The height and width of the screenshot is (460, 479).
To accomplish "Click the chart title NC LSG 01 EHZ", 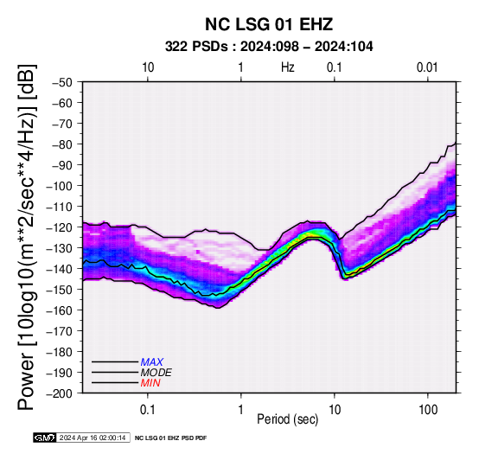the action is pos(269,24).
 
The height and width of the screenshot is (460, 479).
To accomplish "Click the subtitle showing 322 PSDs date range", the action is pos(269,47).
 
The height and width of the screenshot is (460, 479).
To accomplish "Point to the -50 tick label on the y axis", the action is pos(62,82).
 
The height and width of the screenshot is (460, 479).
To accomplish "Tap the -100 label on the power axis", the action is pos(60,186).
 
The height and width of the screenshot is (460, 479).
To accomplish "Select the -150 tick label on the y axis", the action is pos(60,290).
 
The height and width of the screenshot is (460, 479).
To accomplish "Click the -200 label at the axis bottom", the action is pos(60,393).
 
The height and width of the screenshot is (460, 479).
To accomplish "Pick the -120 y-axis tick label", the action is pos(60,227).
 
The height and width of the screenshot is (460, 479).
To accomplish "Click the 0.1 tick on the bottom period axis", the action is pos(148,410).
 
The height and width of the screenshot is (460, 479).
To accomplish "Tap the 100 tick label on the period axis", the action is pos(428,410).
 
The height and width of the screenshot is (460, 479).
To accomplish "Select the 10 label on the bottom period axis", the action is pos(335,410).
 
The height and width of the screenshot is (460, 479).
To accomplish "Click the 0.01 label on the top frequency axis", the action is pos(427,67).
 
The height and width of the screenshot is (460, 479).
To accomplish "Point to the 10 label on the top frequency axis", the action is pos(148,67).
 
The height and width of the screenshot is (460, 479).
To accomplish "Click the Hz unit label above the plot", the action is pos(288,67).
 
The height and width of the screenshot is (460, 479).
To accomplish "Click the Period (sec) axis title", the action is pos(288,419).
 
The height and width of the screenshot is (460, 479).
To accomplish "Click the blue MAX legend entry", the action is pos(152,362).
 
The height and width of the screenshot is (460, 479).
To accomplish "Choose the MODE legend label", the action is pos(156,373).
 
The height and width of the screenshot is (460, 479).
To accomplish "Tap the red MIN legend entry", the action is pos(150,383).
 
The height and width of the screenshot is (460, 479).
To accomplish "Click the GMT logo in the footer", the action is pos(45,438).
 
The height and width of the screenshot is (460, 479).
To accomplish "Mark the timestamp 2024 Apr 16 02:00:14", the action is pos(93,438).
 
